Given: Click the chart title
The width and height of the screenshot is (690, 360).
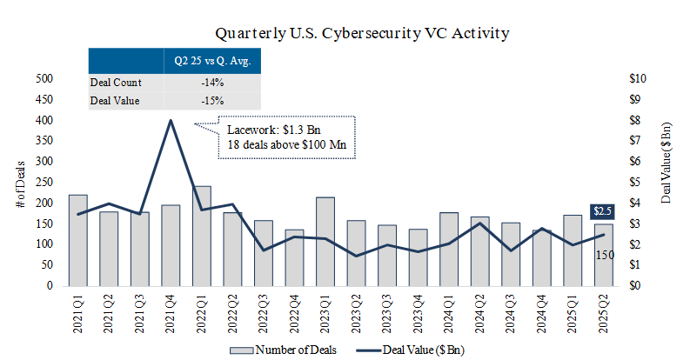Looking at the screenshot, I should (x=362, y=33).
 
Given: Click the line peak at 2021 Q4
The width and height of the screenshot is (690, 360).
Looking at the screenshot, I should (x=171, y=120).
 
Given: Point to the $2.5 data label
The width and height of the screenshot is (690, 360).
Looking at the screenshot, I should (x=602, y=211).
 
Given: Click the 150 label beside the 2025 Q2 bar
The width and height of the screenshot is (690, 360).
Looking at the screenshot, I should (x=606, y=254).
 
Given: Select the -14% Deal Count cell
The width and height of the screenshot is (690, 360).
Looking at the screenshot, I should (x=211, y=83).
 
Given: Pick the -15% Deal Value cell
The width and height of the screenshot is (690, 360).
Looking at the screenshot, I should (x=211, y=101).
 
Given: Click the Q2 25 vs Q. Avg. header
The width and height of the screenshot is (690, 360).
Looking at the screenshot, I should (x=211, y=62).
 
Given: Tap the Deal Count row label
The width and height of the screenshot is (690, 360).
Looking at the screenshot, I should (x=116, y=83).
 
